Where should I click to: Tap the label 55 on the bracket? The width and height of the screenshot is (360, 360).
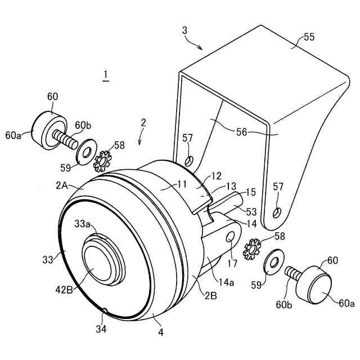point(309,37)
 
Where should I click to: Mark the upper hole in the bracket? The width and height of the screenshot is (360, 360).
point(189,161)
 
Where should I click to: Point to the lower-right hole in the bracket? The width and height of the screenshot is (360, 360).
point(276,213)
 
